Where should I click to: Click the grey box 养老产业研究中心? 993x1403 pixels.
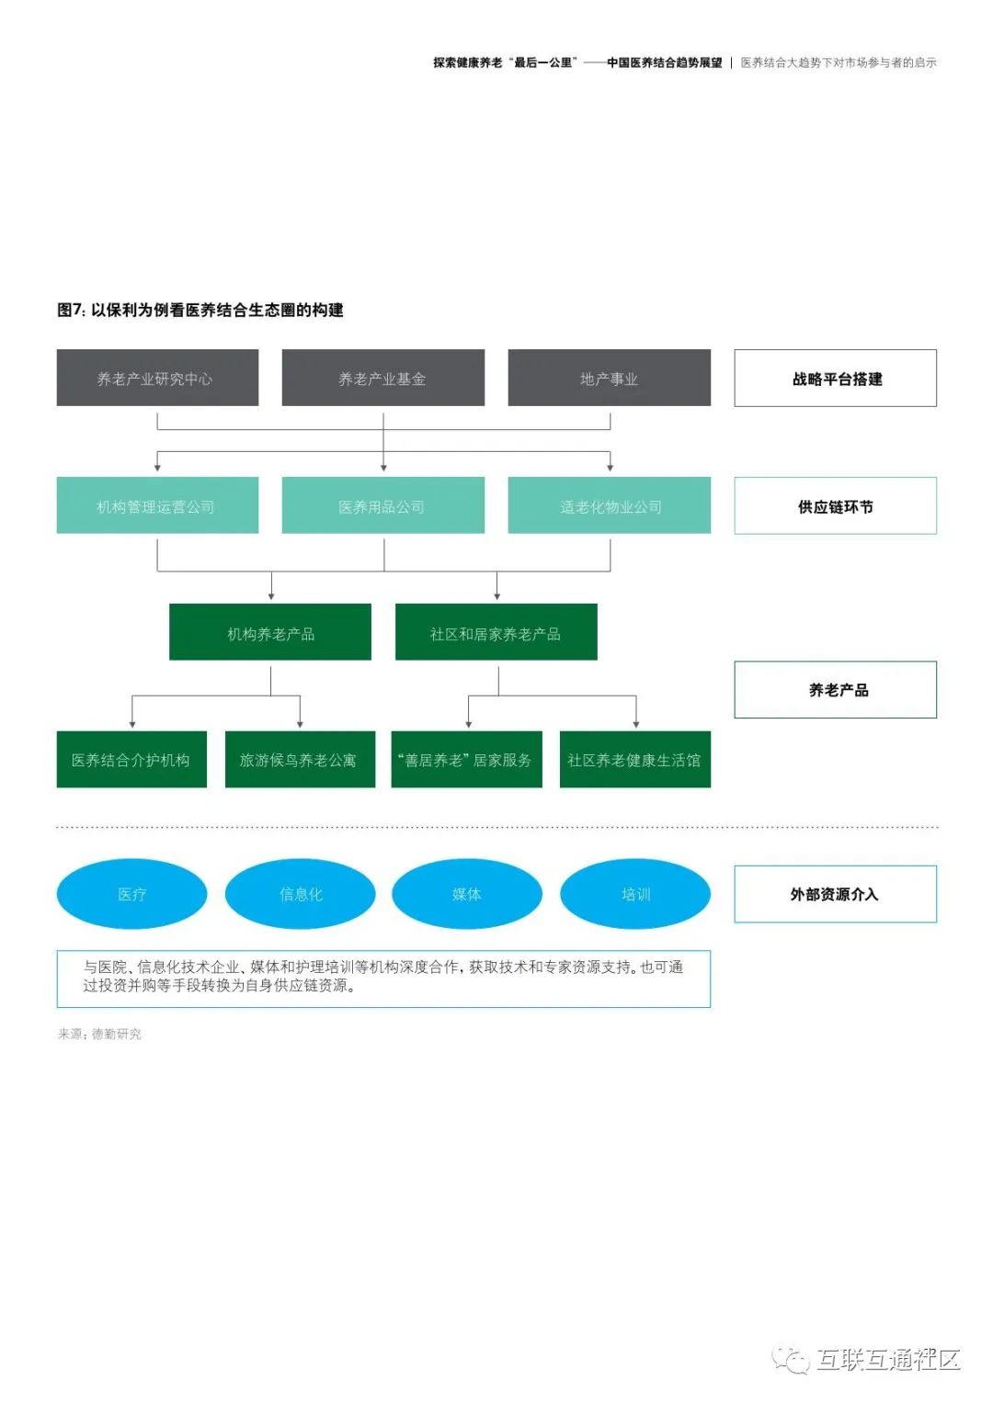[157, 378]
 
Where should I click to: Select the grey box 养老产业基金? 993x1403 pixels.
[382, 378]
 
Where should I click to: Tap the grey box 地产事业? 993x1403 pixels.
[609, 378]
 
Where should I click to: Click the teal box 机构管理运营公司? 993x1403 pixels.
[157, 505]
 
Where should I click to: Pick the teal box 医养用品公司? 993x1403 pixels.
[382, 505]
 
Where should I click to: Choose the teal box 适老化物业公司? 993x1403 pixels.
[609, 505]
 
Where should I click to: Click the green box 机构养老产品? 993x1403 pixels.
[270, 632]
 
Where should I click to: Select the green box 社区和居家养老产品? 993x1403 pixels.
[496, 632]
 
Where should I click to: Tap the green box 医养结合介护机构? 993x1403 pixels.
[131, 759]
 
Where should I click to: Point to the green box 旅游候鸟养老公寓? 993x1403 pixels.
[300, 759]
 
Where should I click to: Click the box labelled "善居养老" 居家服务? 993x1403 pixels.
[466, 759]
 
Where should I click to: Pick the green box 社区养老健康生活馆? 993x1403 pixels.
[634, 759]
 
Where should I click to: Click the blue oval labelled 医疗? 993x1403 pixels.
[131, 894]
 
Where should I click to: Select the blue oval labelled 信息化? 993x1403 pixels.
[300, 894]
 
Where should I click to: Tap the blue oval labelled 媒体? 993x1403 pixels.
[466, 894]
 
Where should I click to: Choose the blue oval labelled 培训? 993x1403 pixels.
[634, 894]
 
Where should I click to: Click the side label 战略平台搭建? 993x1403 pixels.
[835, 378]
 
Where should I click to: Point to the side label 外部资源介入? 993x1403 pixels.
[835, 894]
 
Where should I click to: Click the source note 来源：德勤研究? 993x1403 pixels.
[99, 1034]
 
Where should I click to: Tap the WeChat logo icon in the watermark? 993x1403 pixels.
[791, 1359]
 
